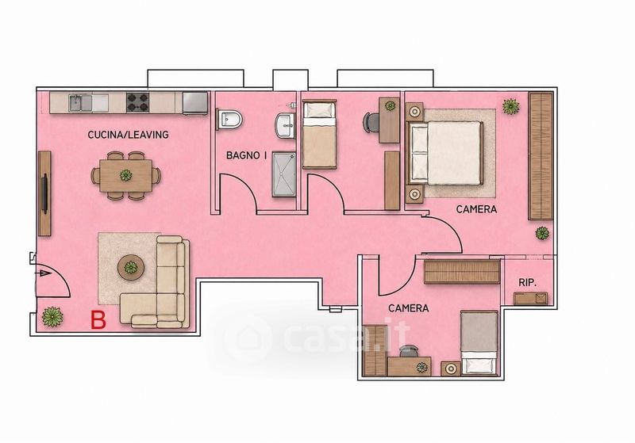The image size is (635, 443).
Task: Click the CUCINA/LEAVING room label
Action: (x=128, y=135)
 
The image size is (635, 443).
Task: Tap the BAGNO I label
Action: (x=246, y=155)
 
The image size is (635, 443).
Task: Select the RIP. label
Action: (x=527, y=283)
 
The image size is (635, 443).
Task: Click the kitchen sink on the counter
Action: (x=80, y=103)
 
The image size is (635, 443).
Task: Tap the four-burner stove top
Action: (x=137, y=103)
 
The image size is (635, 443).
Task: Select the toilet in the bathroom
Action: (x=229, y=119)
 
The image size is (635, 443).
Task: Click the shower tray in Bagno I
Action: (x=284, y=174)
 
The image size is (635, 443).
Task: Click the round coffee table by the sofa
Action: (x=130, y=267)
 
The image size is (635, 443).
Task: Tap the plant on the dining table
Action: (x=126, y=175)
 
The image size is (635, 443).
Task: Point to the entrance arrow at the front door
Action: (x=44, y=273)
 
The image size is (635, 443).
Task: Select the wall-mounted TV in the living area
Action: (x=44, y=193)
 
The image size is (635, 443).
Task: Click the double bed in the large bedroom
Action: (x=445, y=153)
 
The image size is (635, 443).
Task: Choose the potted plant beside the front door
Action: (x=52, y=316)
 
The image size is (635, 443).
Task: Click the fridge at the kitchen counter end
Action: (x=195, y=103)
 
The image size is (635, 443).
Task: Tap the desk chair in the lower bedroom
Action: (x=409, y=350)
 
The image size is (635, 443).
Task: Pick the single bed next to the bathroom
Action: (x=319, y=134)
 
